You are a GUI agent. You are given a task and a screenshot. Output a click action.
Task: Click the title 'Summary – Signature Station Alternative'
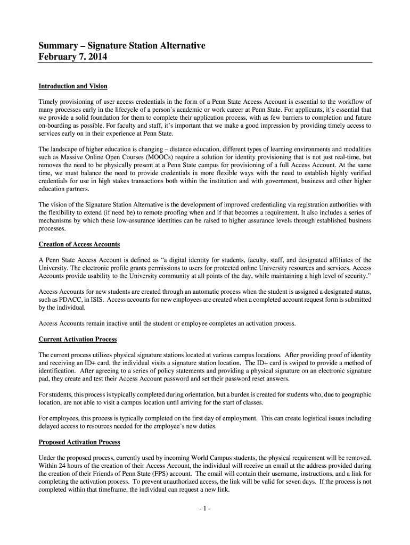122,46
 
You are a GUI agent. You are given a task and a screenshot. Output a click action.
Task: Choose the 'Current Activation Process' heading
78,339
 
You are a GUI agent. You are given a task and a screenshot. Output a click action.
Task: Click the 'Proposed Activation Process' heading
79,442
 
